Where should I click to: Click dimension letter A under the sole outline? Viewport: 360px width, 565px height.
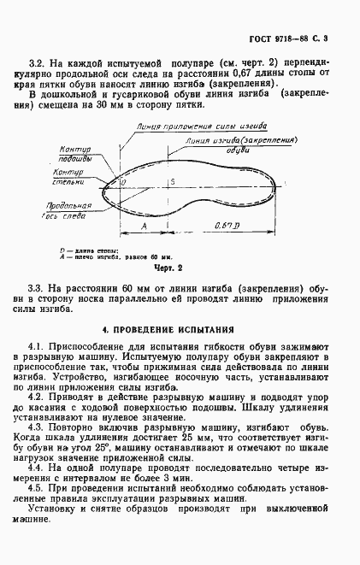click(x=144, y=225)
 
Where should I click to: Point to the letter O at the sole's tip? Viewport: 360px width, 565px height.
click(x=123, y=182)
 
